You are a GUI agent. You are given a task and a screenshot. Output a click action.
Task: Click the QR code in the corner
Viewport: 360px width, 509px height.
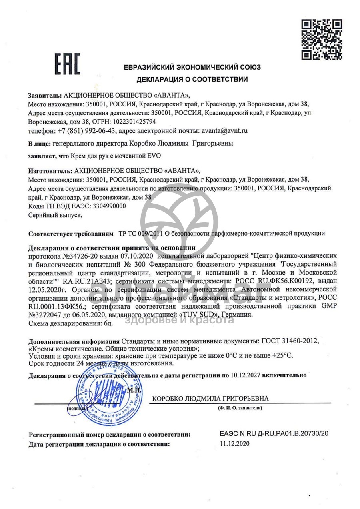(x=321, y=39)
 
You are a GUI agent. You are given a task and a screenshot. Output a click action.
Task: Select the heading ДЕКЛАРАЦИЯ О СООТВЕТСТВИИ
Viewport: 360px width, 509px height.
(x=192, y=79)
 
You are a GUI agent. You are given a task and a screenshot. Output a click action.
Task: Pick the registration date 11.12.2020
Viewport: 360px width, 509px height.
(x=235, y=444)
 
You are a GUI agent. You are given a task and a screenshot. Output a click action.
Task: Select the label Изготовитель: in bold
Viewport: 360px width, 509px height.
(x=48, y=170)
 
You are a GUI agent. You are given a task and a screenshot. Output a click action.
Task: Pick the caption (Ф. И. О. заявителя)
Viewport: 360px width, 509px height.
(x=240, y=408)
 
